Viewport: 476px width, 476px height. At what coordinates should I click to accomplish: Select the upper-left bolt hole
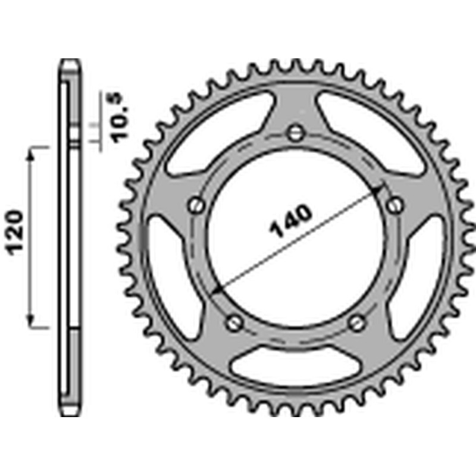pyautogui.click(x=196, y=205)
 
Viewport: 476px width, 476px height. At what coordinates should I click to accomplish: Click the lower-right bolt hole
pyautogui.click(x=357, y=323)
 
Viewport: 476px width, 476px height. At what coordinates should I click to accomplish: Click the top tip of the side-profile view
pyautogui.click(x=70, y=61)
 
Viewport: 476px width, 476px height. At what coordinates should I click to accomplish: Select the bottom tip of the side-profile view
pyautogui.click(x=70, y=415)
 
